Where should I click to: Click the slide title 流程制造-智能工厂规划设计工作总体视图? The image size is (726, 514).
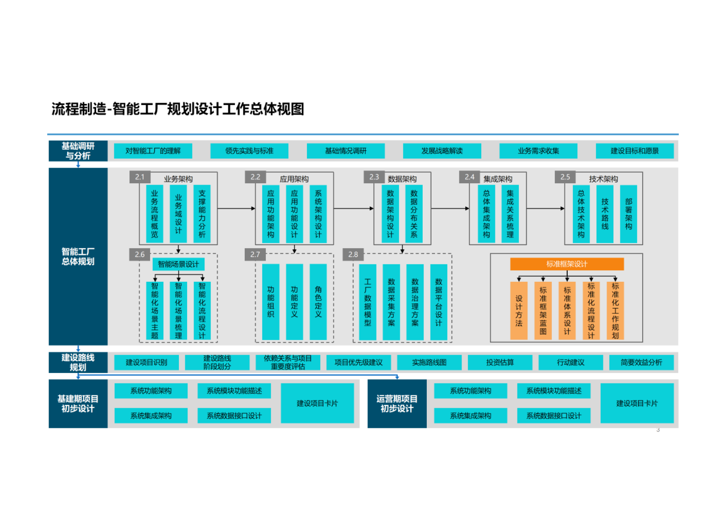pos(177,109)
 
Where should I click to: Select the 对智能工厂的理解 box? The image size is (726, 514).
pos(153,151)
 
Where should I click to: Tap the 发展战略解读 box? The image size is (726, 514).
pos(442,151)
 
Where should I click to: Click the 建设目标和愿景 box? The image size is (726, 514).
pos(635,151)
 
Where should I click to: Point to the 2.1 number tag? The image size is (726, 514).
pos(140,177)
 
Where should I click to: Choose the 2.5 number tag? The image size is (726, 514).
pos(565,177)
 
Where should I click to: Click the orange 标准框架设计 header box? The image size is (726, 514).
pos(567,264)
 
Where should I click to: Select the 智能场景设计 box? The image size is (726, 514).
pos(178,264)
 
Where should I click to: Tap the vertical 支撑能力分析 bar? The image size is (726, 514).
pos(202,213)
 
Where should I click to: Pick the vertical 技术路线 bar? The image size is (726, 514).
pos(605,213)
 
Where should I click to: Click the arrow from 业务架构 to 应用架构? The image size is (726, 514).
pos(236,208)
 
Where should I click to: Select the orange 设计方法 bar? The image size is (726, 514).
pos(519,311)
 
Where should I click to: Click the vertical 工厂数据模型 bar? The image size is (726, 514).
pos(367,302)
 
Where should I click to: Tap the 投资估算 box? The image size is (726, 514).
pos(500,362)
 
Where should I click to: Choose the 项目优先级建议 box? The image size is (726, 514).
pos(359,362)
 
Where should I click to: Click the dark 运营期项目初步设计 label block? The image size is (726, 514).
pos(397,404)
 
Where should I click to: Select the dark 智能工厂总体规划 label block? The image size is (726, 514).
pos(78,257)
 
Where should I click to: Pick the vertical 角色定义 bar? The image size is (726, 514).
pos(318,302)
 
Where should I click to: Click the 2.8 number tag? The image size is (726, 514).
pos(353,254)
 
